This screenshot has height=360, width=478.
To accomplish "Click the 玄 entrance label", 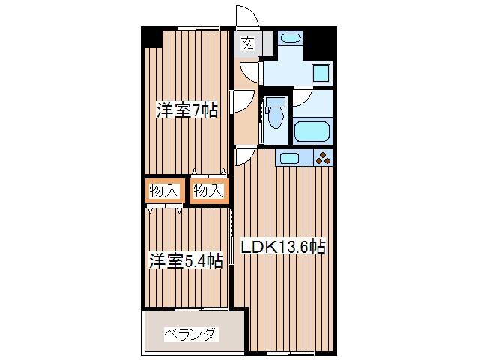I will [x=247, y=43].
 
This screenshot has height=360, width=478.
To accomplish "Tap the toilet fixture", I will [x=276, y=115].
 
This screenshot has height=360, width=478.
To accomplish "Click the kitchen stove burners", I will [x=323, y=157].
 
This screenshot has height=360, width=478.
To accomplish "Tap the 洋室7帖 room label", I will [x=187, y=110].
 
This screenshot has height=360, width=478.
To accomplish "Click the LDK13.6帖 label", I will [x=282, y=246].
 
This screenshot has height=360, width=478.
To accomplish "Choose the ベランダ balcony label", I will [x=190, y=333].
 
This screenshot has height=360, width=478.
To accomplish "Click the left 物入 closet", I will [x=163, y=191].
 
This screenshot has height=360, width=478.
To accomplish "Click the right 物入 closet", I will [x=207, y=191].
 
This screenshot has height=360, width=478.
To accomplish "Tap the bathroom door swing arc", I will [x=302, y=97].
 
